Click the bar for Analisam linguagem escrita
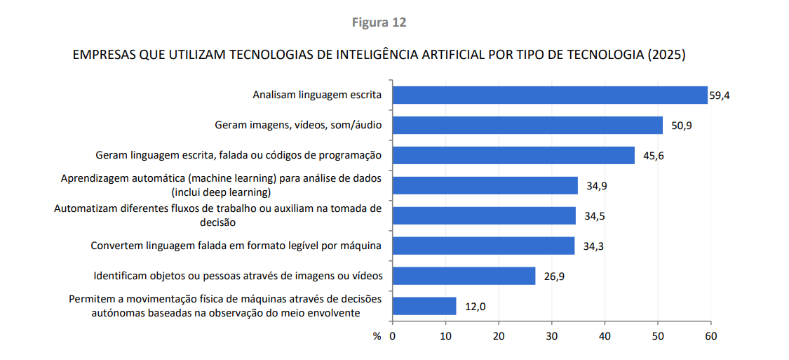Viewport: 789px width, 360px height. [550, 95]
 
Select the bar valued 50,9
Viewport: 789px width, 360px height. [527, 125]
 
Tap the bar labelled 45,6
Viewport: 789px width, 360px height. [513, 155]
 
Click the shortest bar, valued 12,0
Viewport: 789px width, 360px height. [424, 306]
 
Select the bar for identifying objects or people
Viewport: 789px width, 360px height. [464, 276]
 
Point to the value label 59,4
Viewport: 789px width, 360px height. [720, 95]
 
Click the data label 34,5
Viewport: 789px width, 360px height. [595, 216]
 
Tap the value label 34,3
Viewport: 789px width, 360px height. [594, 246]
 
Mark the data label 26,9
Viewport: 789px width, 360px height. [554, 276]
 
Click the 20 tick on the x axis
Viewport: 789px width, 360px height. [499, 337]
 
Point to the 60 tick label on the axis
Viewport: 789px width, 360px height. [710, 337]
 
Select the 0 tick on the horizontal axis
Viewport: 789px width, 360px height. [393, 337]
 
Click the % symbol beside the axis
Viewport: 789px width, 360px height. [377, 337]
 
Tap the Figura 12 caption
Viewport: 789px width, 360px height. [379, 22]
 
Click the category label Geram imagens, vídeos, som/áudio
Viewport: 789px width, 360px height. [298, 126]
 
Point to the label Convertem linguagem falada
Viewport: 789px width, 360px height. [236, 246]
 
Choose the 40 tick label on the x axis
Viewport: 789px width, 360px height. [605, 337]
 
